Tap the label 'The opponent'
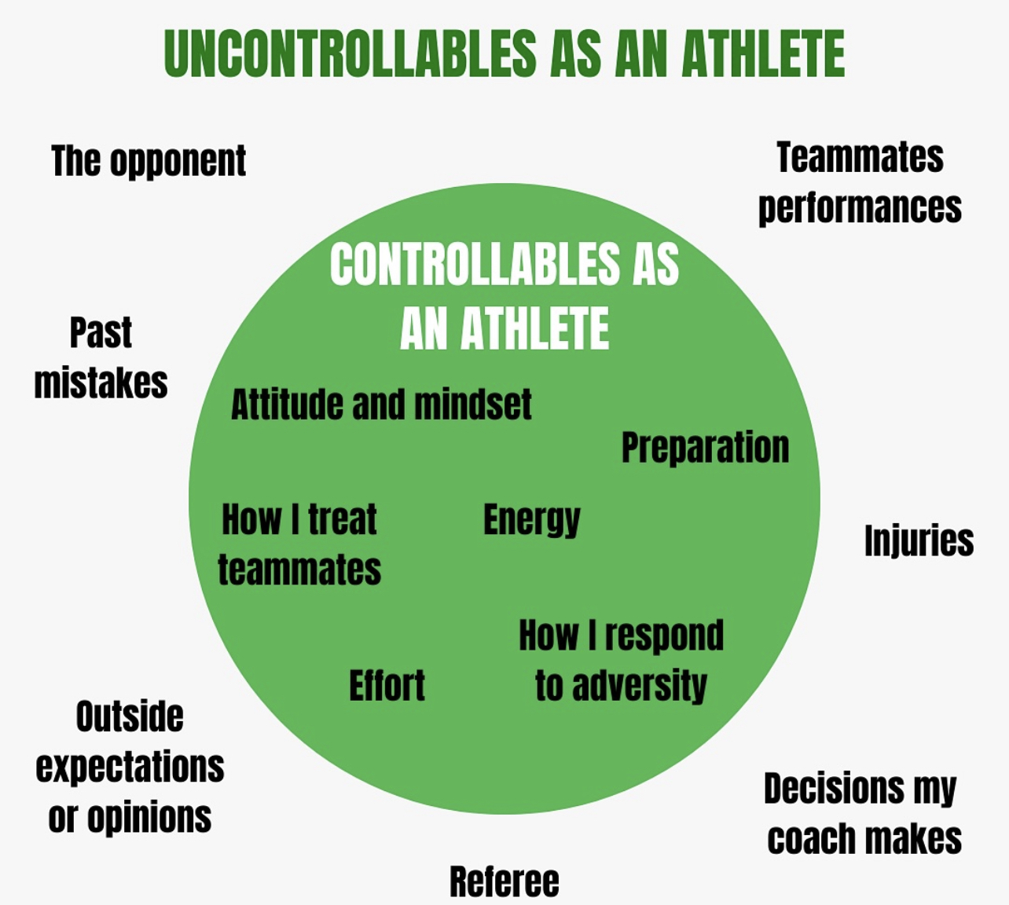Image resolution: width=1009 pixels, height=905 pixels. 149,162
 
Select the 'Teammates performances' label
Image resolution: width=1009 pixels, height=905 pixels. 860,182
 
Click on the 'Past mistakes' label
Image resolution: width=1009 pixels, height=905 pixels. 101,357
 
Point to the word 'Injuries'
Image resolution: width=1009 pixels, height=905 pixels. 919,540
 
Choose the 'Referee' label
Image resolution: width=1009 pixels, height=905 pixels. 504,881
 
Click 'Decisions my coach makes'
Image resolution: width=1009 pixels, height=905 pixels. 862,813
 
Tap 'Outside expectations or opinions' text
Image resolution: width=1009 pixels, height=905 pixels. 130,767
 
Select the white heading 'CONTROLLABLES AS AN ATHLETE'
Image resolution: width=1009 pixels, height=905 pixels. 504,295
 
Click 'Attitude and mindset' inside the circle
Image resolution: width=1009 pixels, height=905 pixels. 381,405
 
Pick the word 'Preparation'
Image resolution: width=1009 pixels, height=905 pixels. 705,447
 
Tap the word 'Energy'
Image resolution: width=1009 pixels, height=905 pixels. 531,520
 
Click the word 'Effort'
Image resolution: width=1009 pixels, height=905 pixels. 387,685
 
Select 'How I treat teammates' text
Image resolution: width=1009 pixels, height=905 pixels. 299,544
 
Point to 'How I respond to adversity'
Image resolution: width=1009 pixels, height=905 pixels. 621,660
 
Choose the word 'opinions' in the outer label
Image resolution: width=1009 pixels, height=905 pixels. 149,818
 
